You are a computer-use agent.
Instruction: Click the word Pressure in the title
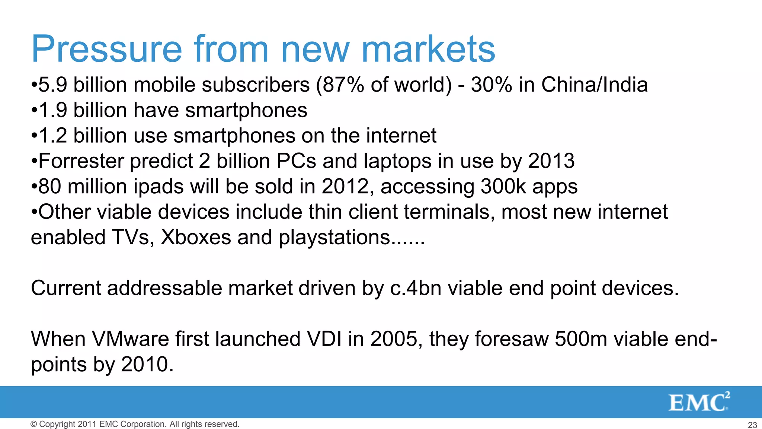[107, 50]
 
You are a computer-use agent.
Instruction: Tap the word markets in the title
[428, 50]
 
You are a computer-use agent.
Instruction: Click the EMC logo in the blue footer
[699, 402]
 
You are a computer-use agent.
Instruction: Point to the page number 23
[752, 425]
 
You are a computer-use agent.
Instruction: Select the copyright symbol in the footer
[34, 424]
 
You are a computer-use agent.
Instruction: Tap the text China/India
[594, 85]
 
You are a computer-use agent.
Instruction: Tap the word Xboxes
[196, 237]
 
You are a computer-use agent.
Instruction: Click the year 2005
[394, 339]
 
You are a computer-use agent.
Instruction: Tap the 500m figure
[581, 339]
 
